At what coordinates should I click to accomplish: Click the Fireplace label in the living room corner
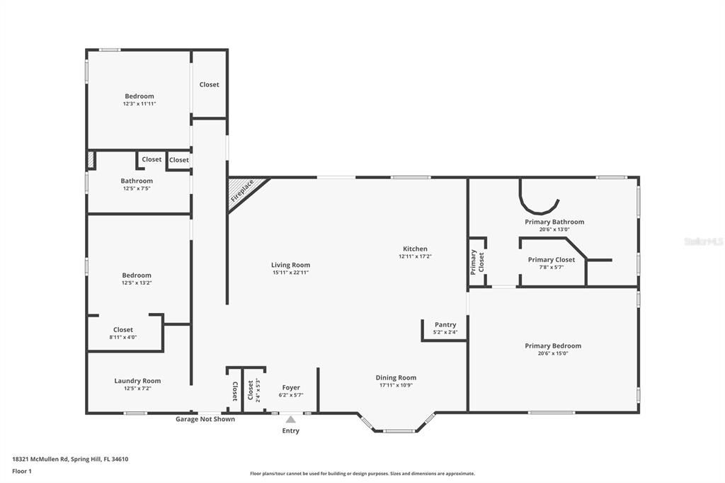(x=242, y=192)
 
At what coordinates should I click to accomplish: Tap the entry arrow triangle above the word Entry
(x=290, y=419)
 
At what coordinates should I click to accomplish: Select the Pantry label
(x=445, y=325)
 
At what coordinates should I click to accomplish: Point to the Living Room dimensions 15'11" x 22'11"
(x=290, y=273)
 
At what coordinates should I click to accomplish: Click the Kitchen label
(x=415, y=249)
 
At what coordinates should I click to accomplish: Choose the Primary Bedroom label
(x=553, y=346)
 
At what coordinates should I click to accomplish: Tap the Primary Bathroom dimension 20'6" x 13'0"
(x=554, y=229)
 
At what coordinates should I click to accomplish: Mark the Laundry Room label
(x=137, y=381)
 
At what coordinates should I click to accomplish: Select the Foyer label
(x=291, y=387)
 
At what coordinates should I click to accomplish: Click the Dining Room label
(x=396, y=377)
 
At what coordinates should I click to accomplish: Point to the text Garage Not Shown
(x=205, y=419)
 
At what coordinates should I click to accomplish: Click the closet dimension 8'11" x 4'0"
(x=123, y=337)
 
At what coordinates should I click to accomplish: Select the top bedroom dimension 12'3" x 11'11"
(x=139, y=103)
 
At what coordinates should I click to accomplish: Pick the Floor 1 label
(x=22, y=471)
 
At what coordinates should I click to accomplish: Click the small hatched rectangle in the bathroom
(x=91, y=160)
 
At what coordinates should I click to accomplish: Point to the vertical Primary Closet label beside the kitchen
(x=477, y=262)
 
